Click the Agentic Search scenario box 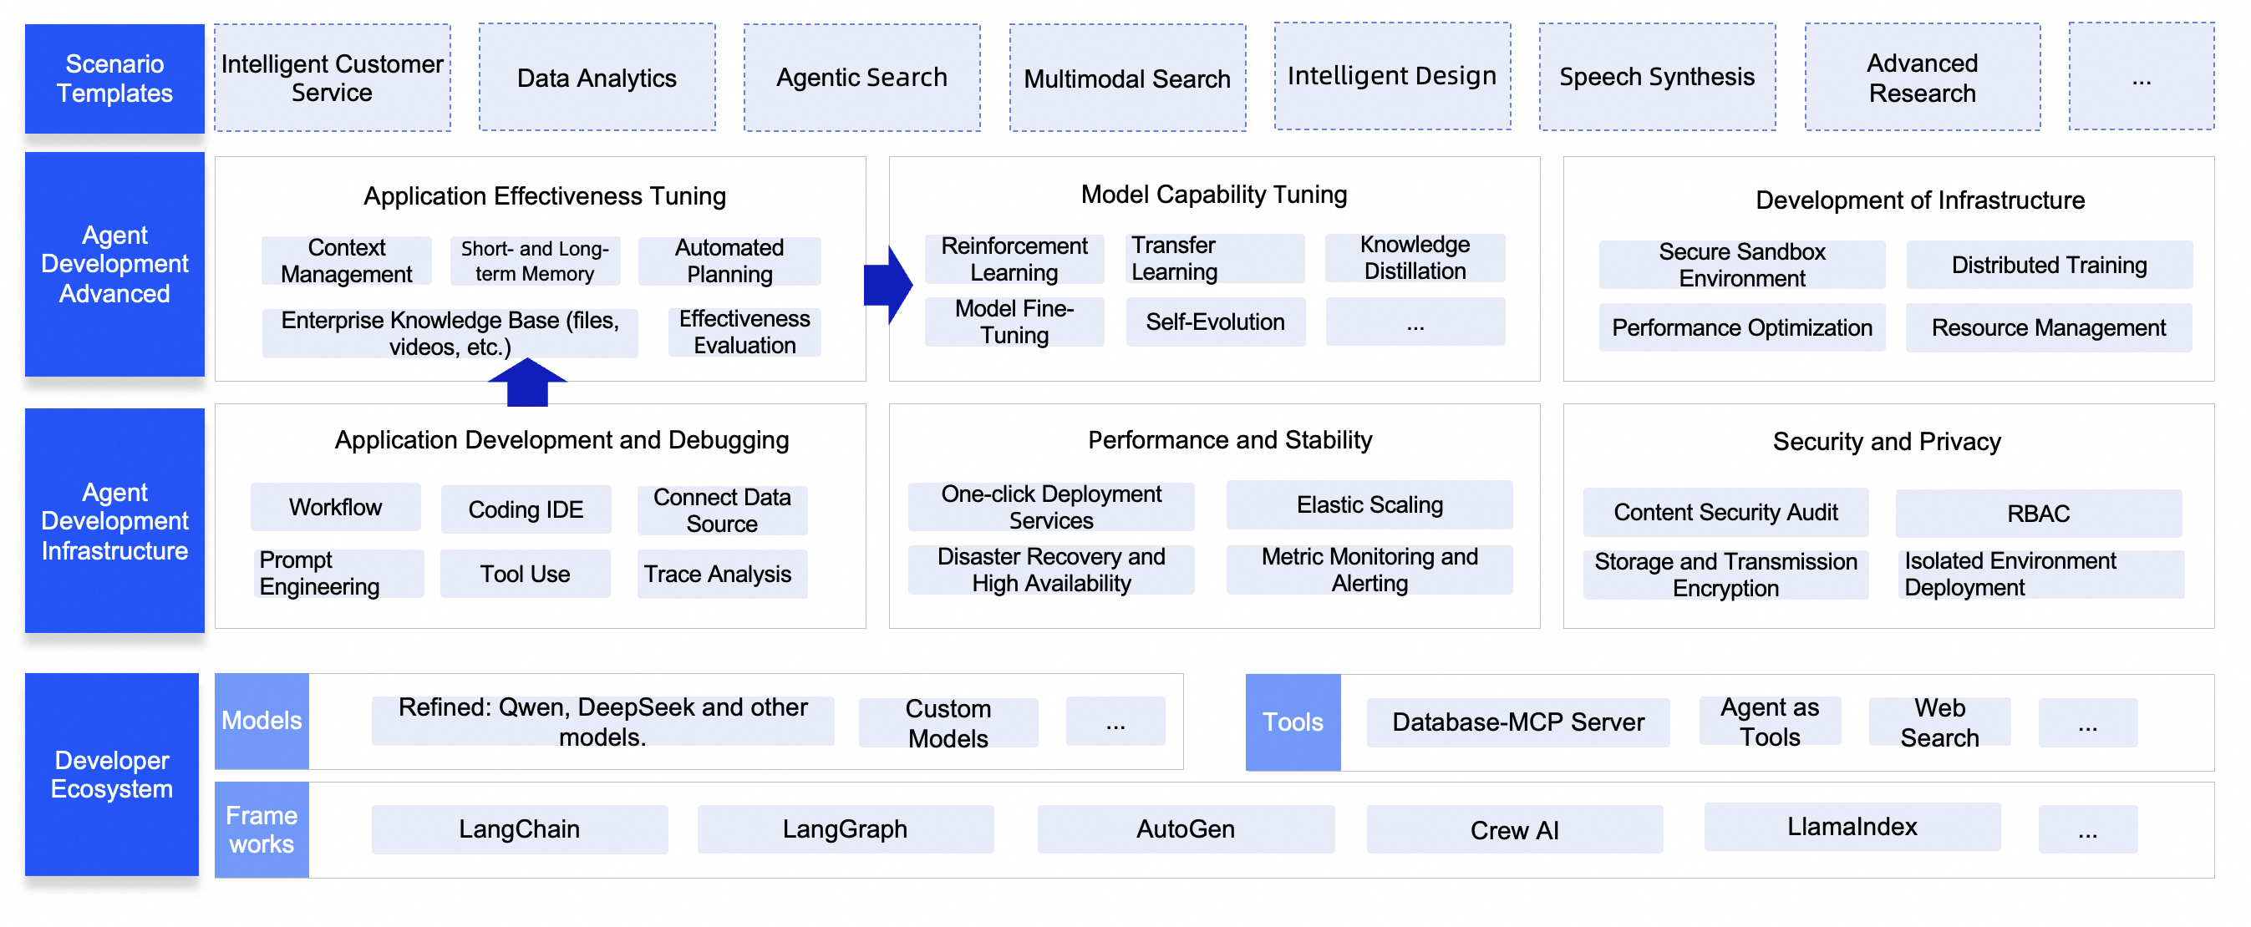pos(861,78)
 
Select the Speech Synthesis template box pos(1657,78)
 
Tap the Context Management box pos(346,261)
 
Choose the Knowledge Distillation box pos(1415,258)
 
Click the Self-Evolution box pos(1215,322)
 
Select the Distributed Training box pos(2048,265)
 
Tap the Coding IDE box pos(526,509)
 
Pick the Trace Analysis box pos(721,574)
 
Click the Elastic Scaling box pos(1369,505)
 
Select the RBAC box pos(2038,514)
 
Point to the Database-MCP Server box pos(1517,722)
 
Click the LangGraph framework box pos(844,829)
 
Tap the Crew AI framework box pos(1513,830)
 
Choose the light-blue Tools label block pos(1293,722)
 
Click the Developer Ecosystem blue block pos(112,774)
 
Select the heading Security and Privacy pos(1886,442)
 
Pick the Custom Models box pos(948,723)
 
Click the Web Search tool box pos(1939,722)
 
